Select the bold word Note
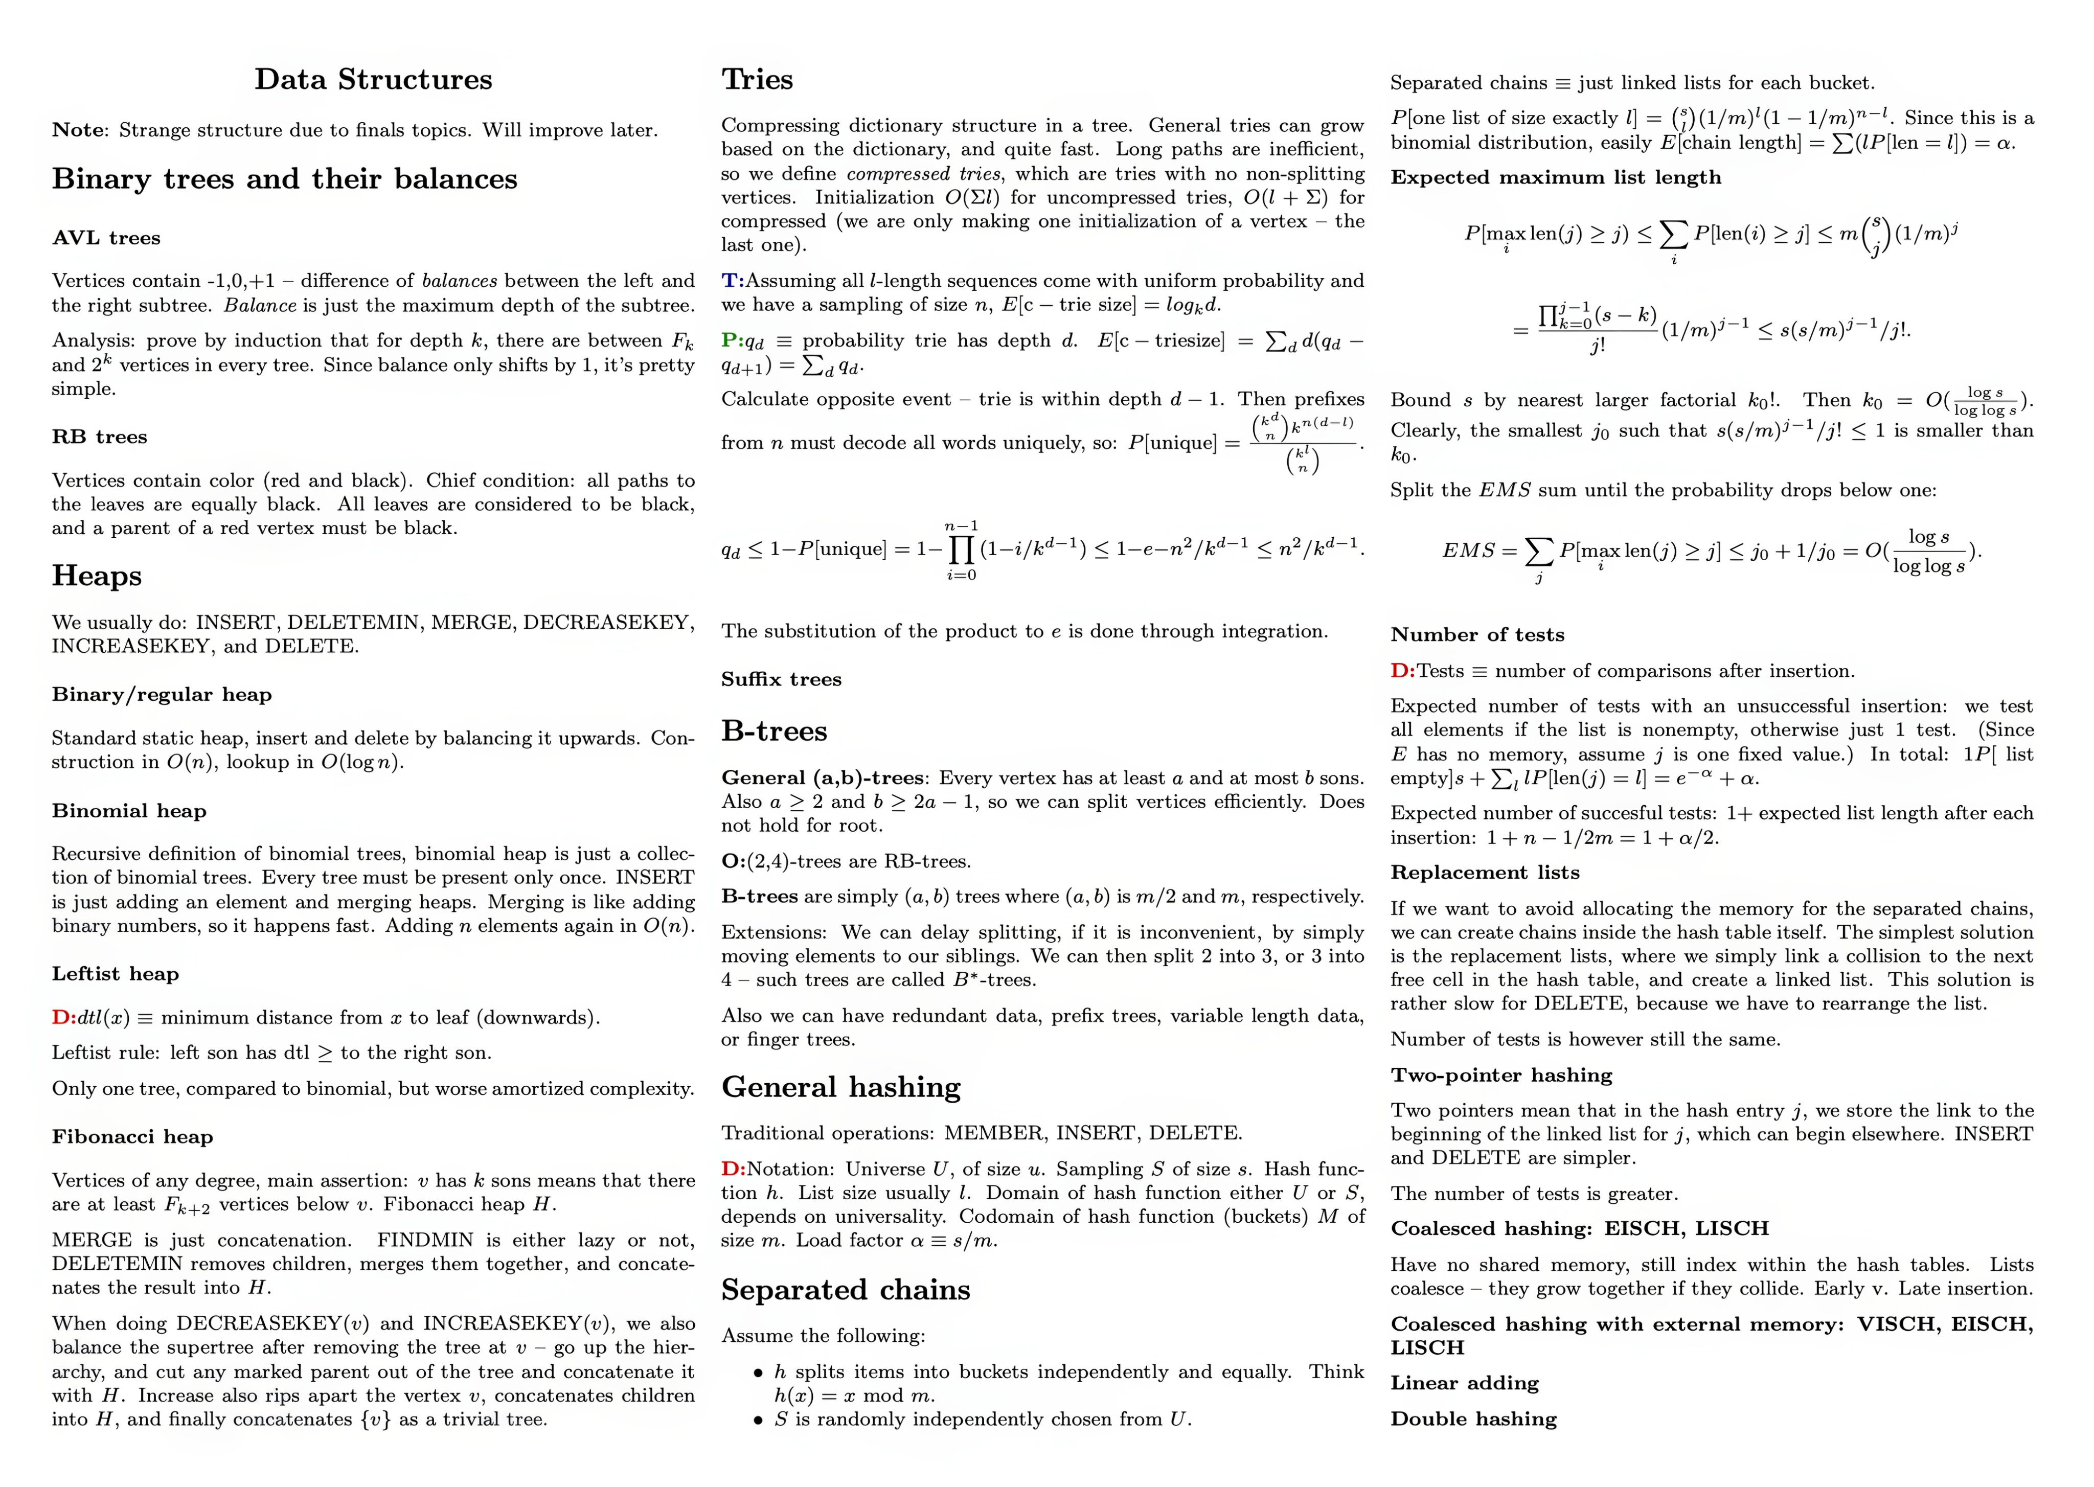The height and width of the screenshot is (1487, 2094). click(x=79, y=130)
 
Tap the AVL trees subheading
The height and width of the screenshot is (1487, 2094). click(x=106, y=238)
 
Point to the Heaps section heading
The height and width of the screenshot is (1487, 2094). click(x=97, y=576)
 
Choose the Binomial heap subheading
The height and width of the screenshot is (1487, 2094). click(x=129, y=811)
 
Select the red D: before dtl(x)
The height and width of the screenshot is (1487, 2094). click(x=63, y=1017)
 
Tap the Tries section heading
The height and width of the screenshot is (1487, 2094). click(x=757, y=80)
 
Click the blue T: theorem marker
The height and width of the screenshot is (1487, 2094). click(x=733, y=281)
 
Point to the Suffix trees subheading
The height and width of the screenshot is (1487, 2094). click(x=781, y=679)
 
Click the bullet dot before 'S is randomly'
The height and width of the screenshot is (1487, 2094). click(x=758, y=1420)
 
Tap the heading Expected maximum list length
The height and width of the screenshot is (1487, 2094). click(x=1556, y=178)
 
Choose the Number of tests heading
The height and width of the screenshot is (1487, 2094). click(x=1477, y=635)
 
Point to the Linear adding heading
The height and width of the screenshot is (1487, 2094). click(x=1464, y=1384)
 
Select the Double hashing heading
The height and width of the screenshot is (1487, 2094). click(x=1473, y=1419)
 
